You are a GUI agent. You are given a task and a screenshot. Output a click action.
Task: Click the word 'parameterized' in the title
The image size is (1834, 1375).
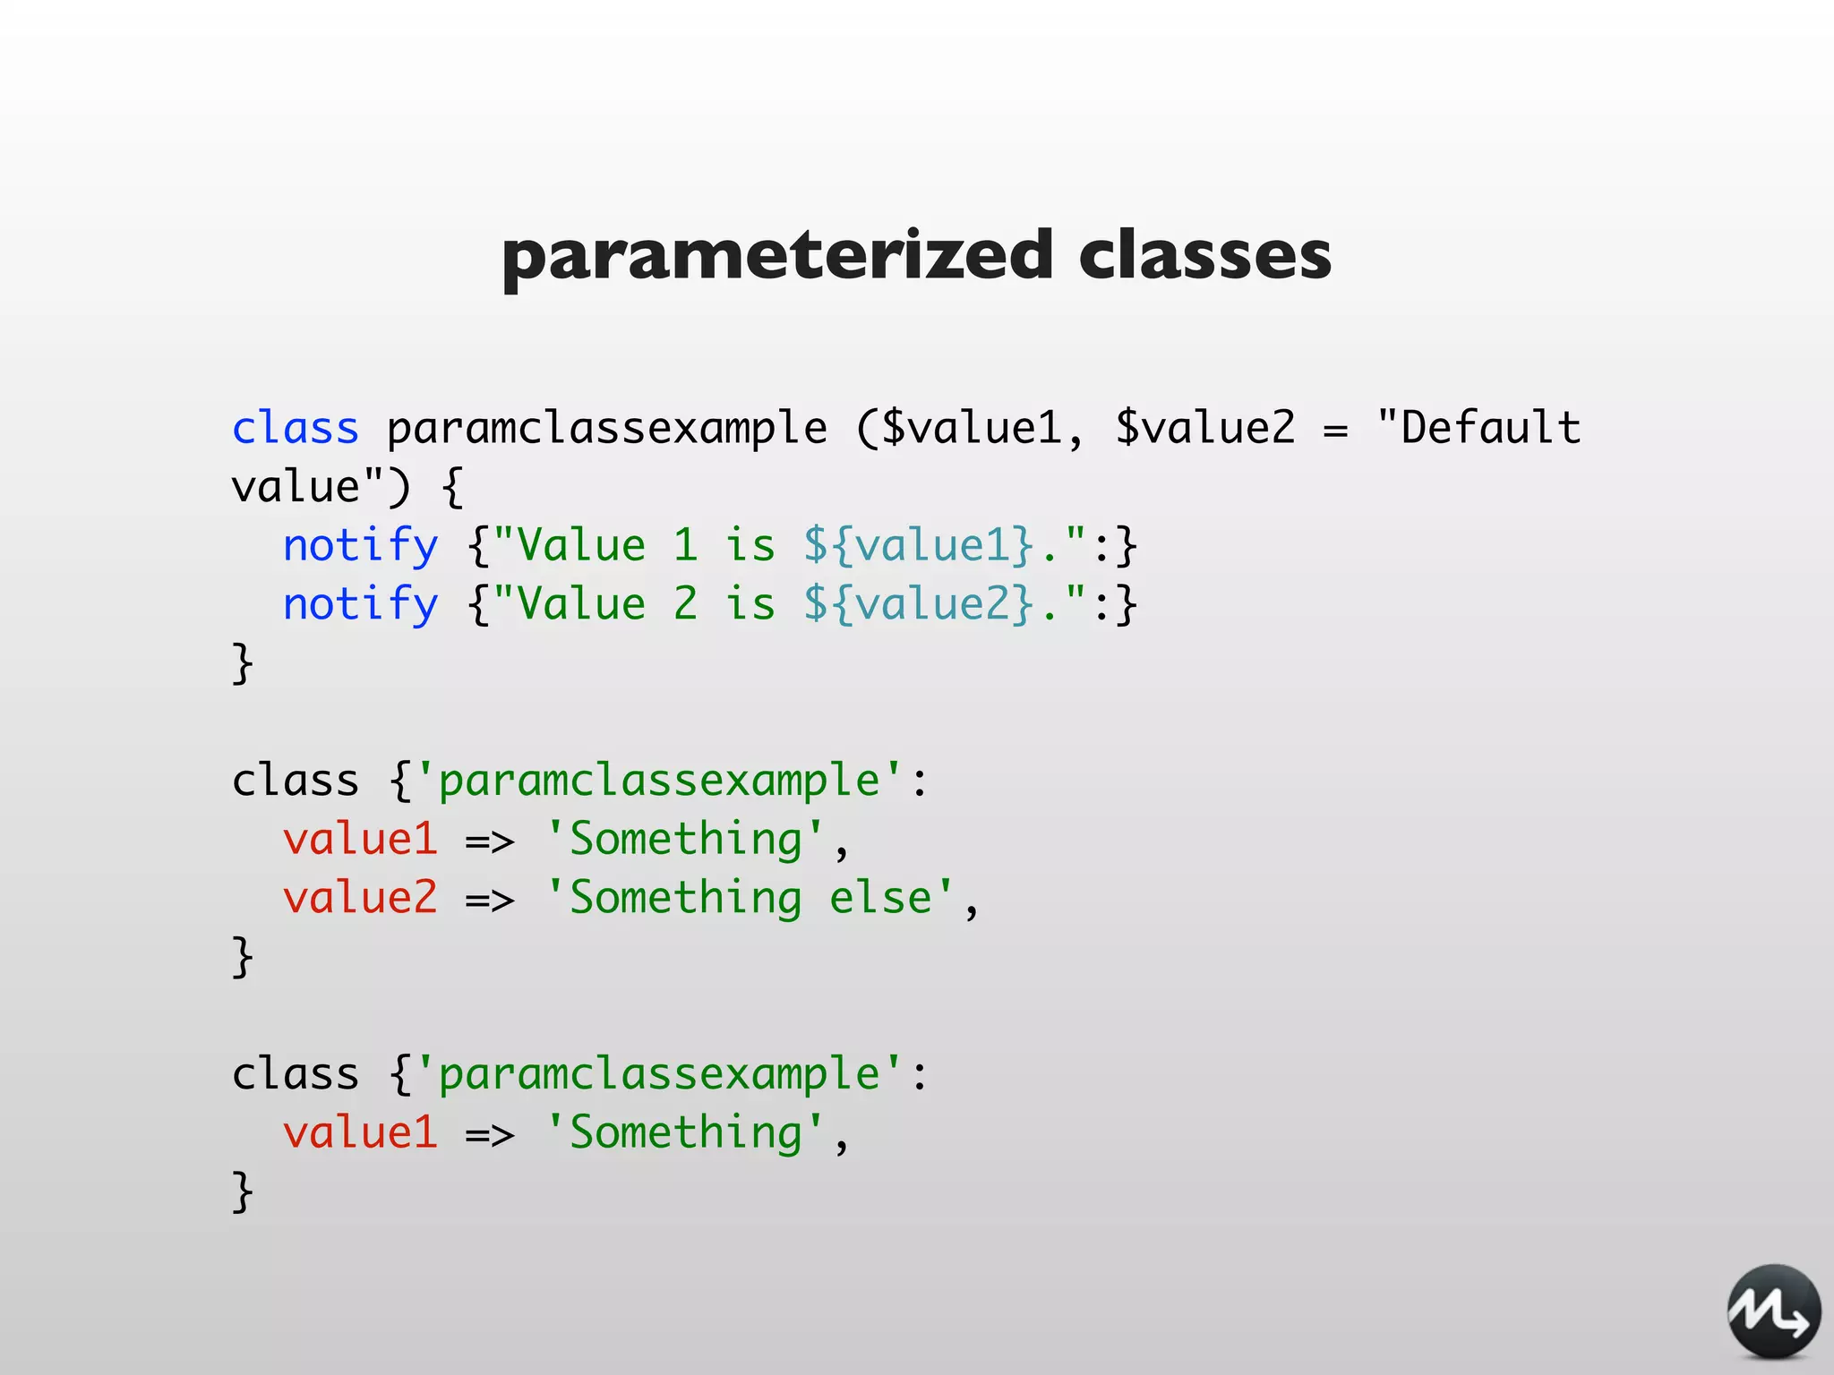(776, 256)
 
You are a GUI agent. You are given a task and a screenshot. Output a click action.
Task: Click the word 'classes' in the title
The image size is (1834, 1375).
(1204, 256)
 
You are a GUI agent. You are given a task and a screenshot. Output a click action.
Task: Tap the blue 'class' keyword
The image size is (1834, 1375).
(295, 428)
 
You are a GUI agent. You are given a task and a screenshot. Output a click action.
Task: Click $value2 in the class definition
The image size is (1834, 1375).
(1204, 428)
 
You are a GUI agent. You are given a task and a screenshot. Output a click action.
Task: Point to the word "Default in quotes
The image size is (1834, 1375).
(1478, 428)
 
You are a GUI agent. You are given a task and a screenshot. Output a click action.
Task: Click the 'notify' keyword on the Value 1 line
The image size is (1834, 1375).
(360, 545)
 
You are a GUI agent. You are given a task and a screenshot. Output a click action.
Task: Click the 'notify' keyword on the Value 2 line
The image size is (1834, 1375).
(360, 604)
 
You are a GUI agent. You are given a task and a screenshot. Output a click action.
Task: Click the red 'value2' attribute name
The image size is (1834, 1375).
(360, 898)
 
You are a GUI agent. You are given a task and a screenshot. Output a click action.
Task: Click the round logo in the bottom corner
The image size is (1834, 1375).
(1773, 1311)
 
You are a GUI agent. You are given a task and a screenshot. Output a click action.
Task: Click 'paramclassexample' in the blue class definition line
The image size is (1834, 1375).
(606, 428)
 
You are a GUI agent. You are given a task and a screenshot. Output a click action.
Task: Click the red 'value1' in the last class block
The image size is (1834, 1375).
(360, 1132)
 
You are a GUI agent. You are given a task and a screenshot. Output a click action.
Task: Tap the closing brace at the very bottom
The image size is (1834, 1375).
(243, 1191)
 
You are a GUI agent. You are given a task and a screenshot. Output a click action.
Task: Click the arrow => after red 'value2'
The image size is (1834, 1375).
(490, 900)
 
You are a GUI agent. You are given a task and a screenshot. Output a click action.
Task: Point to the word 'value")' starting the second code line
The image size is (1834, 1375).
(321, 487)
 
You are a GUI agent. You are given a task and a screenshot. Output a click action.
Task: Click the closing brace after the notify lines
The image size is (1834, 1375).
(243, 663)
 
